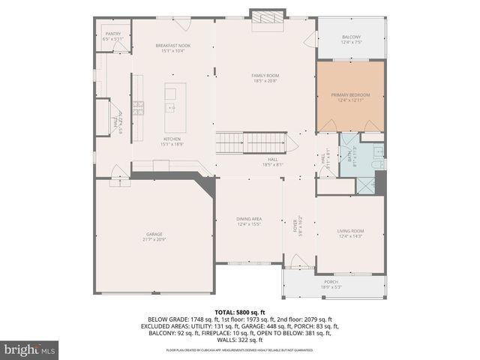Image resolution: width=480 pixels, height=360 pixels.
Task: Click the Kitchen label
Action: click(x=172, y=141)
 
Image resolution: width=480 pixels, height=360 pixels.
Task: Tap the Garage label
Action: click(x=154, y=236)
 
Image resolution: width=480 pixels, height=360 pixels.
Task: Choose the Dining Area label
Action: click(x=248, y=220)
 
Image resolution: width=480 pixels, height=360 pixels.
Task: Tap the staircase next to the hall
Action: click(x=253, y=142)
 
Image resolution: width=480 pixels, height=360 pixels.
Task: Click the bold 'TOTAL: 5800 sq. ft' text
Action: click(x=239, y=313)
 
